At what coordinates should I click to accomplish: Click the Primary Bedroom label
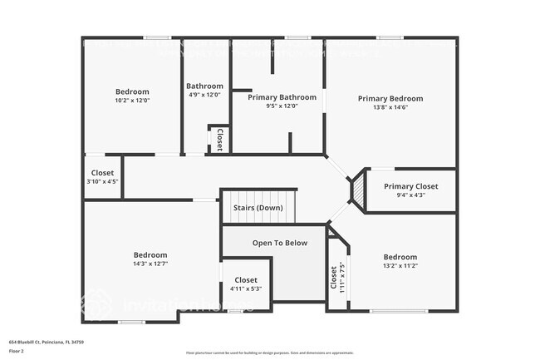(x=390, y=99)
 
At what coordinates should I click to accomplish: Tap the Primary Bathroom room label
(x=281, y=96)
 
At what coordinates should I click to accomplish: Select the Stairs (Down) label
(x=258, y=207)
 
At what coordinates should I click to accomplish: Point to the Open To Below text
(x=280, y=243)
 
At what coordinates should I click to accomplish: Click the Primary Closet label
(x=410, y=186)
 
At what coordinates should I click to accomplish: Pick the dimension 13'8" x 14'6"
(x=390, y=108)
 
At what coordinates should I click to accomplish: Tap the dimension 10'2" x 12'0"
(x=132, y=100)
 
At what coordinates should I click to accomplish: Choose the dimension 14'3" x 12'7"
(x=150, y=264)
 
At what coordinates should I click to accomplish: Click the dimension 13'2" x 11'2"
(x=400, y=266)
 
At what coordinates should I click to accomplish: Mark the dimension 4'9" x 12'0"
(x=204, y=95)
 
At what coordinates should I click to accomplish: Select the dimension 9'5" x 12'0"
(x=281, y=106)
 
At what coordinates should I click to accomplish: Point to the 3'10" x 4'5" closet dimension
(x=103, y=182)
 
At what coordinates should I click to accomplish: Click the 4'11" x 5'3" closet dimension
(x=246, y=288)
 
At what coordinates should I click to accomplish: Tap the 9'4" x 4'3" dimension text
(x=410, y=195)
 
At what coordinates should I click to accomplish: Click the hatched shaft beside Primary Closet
(x=357, y=190)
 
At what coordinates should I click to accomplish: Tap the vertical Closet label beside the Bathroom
(x=219, y=139)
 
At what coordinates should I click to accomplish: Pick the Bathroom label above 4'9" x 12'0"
(x=204, y=86)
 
